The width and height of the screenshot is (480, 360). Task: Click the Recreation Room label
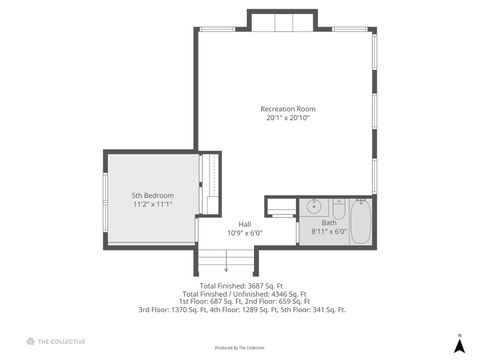click(288, 108)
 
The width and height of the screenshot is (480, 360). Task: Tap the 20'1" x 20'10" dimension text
click(288, 118)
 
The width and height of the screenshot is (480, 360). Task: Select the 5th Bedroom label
click(153, 195)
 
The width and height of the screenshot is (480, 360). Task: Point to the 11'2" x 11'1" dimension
click(153, 205)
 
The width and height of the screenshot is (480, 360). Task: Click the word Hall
click(244, 223)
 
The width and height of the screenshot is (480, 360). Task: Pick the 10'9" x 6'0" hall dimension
click(244, 233)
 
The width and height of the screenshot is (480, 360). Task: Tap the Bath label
click(329, 223)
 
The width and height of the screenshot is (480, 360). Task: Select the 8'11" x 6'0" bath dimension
click(329, 232)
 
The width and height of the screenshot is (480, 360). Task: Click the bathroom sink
click(314, 208)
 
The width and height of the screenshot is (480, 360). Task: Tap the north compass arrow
click(459, 345)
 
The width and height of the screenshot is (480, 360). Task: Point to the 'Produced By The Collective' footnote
click(240, 348)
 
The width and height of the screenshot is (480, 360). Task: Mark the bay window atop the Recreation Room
click(283, 21)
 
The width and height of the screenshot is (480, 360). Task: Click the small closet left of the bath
click(281, 206)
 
